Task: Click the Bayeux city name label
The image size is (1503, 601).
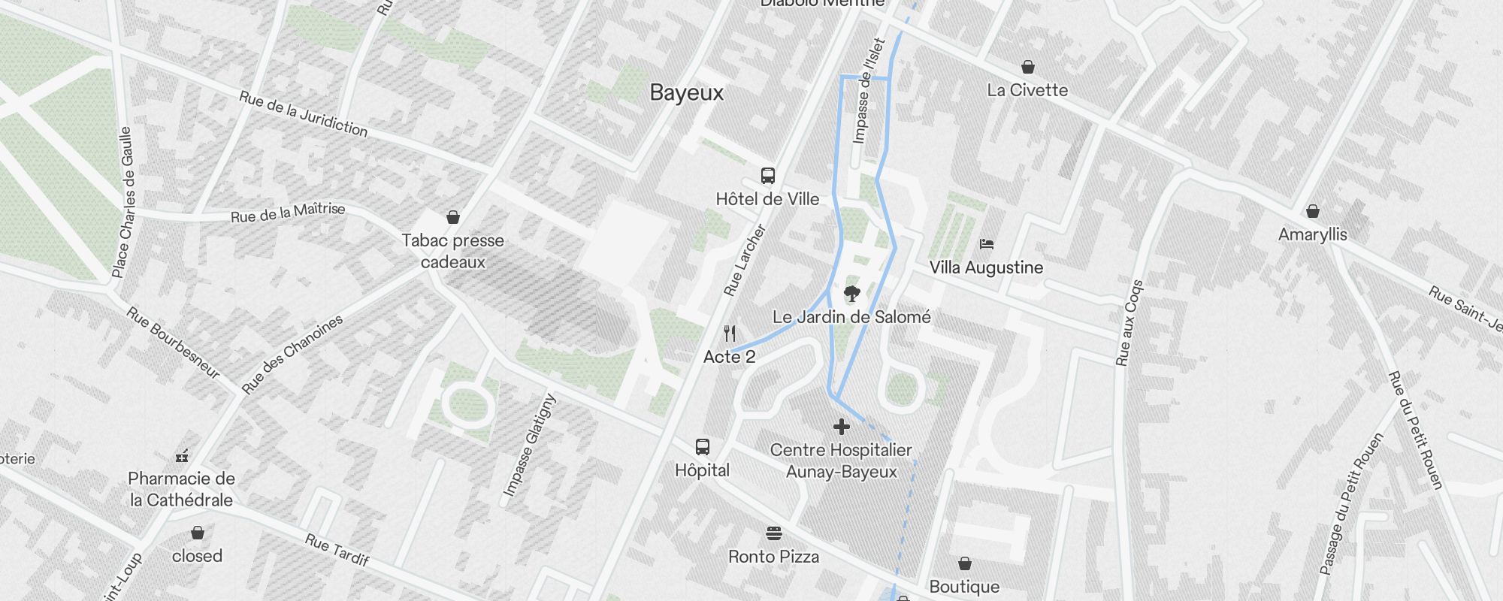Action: coord(686,92)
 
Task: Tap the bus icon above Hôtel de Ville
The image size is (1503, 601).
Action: coord(767,176)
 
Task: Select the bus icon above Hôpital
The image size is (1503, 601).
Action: coord(702,447)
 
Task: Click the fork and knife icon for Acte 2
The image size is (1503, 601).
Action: coord(730,333)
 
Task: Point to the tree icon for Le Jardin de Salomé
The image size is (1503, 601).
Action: coord(851,293)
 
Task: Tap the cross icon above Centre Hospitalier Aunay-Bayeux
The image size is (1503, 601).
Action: coord(842,427)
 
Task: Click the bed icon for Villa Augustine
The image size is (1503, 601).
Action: coord(987,244)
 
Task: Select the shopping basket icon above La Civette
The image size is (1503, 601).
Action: coord(1027,67)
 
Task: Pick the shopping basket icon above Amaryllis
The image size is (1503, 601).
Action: coord(1312,211)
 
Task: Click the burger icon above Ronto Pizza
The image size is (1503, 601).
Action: coord(774,533)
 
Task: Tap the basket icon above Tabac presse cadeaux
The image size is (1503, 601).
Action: coord(453,217)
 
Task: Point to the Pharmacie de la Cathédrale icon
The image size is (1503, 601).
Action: coord(182,455)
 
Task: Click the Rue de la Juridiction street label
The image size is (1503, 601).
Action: coord(304,114)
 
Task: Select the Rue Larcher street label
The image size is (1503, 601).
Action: coord(744,260)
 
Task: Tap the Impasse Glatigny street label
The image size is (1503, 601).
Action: coord(530,445)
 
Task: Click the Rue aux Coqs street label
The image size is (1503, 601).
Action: coord(1130,323)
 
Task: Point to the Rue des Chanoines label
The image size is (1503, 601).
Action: coord(292,354)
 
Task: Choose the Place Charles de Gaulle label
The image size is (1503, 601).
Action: coord(126,201)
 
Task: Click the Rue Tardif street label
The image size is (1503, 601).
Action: coord(337,550)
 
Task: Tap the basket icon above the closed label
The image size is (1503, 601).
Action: coord(198,533)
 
